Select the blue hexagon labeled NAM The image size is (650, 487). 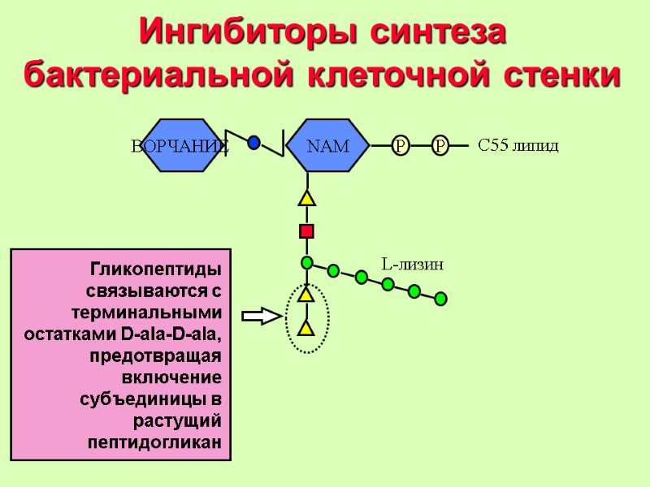[x=327, y=146]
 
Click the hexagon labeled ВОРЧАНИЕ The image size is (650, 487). [x=180, y=146]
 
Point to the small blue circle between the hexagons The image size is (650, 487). [x=253, y=143]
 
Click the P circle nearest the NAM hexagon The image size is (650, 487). [x=401, y=146]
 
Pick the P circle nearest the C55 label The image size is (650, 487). [x=440, y=146]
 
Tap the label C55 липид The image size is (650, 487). [x=518, y=146]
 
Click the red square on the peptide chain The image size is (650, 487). [x=306, y=231]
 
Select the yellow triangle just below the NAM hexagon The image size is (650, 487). [x=306, y=198]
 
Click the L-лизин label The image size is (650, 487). [x=412, y=265]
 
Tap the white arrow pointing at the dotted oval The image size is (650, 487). [x=261, y=317]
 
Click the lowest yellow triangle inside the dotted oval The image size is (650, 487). [x=306, y=328]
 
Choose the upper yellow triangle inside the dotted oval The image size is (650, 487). [x=306, y=295]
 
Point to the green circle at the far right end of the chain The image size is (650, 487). [x=440, y=299]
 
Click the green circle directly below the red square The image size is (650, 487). [x=306, y=262]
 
